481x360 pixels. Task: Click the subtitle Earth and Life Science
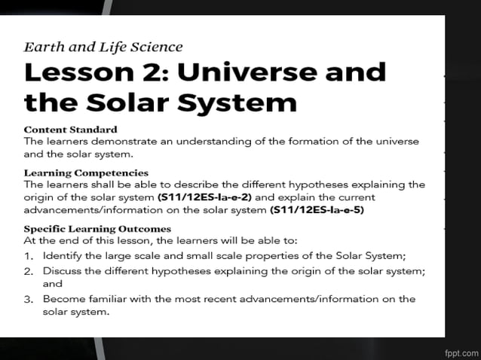click(x=103, y=47)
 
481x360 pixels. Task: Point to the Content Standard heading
click(x=70, y=129)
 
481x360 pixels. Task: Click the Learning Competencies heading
click(x=86, y=173)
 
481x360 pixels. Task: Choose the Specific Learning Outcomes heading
click(x=97, y=228)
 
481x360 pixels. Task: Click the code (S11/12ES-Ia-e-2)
click(x=206, y=197)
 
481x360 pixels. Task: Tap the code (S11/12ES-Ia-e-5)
click(x=317, y=210)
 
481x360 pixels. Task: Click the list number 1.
click(x=29, y=256)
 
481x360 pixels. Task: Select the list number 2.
click(x=29, y=271)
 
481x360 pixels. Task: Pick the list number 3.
click(x=29, y=299)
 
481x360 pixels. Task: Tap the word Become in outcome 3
click(x=63, y=299)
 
